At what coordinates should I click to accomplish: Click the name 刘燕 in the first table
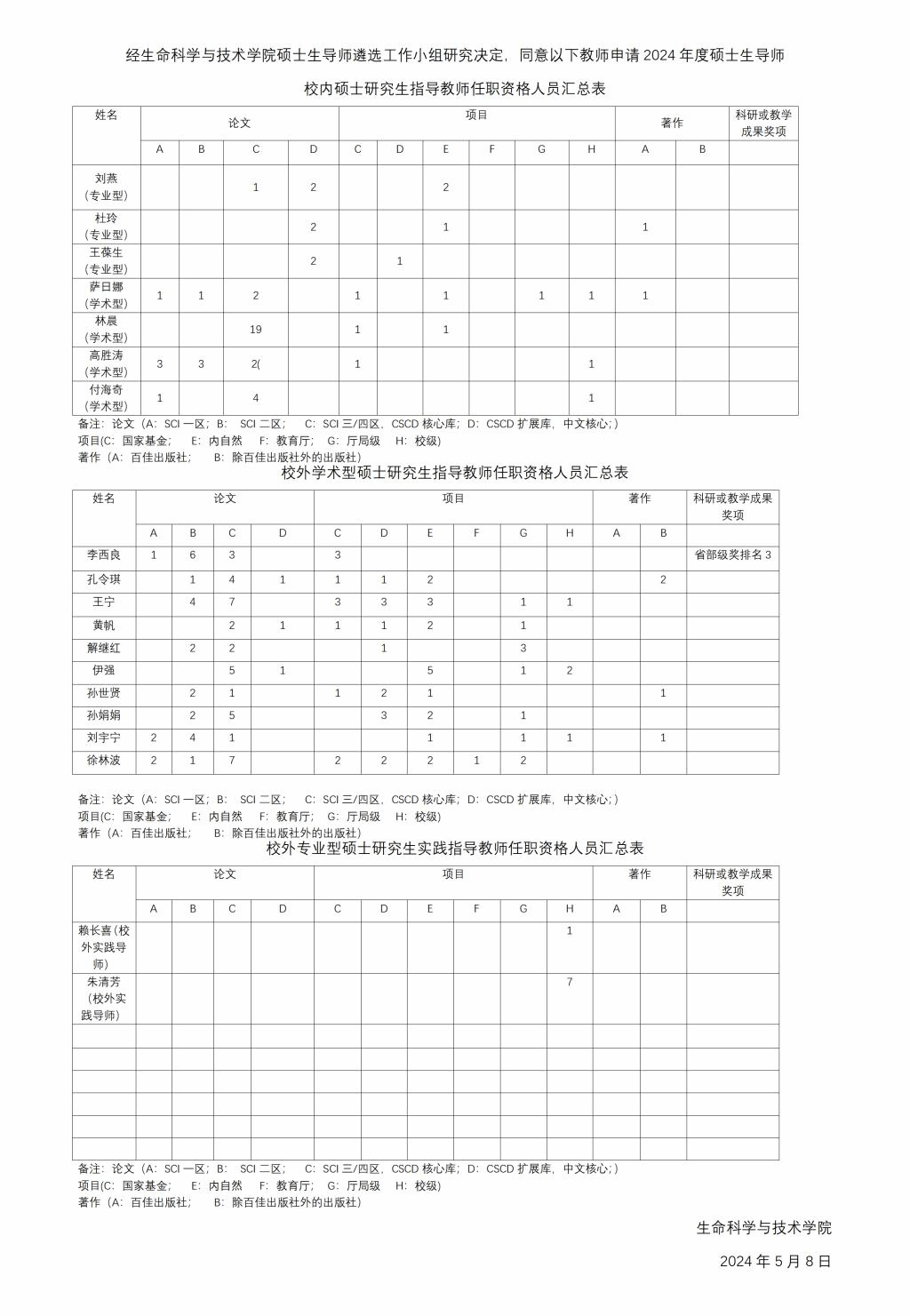pos(106,179)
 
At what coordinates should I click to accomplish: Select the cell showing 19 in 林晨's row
pos(256,330)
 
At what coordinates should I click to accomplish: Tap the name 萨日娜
pos(106,287)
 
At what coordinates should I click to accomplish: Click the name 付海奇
pos(106,390)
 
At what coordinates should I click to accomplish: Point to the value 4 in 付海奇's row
pos(256,398)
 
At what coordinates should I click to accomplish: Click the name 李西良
pos(104,555)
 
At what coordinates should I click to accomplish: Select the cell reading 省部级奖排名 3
pos(732,555)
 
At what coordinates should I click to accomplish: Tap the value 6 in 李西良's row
pos(193,555)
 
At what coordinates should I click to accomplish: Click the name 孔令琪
pos(104,579)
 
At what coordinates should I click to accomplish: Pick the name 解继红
pos(104,648)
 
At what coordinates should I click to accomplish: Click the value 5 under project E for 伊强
pos(430,671)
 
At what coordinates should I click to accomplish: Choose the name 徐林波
pos(104,761)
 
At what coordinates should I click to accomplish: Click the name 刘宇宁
pos(104,738)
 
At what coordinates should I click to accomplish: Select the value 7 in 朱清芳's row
pos(570,982)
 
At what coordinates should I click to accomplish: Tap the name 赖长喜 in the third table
pos(104,931)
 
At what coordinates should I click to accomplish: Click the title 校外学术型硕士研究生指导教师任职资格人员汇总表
pos(455,473)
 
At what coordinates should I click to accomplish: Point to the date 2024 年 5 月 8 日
pos(775,1261)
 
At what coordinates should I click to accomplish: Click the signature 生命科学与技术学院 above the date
pos(763,1228)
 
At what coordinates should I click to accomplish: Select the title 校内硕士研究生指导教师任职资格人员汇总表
pos(455,89)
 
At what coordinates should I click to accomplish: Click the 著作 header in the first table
pos(672,124)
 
